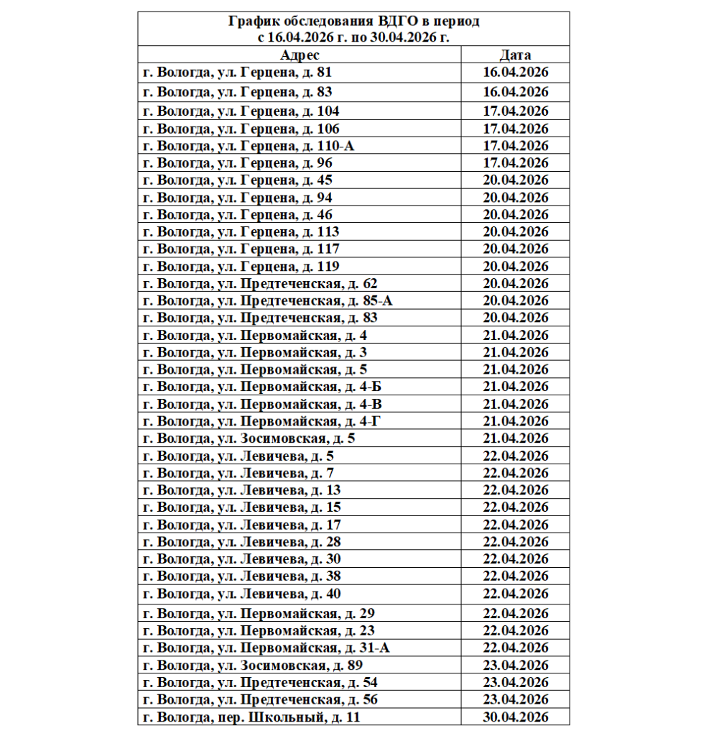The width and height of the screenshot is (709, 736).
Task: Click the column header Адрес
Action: (x=300, y=55)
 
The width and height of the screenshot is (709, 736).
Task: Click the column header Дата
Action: (x=515, y=55)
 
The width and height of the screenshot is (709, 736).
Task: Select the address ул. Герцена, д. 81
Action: (x=238, y=73)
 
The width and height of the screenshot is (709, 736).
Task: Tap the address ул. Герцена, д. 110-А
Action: (x=249, y=146)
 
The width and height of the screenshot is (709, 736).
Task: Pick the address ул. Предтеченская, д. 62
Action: (x=260, y=283)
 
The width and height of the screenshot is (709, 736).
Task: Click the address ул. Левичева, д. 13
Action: (x=242, y=490)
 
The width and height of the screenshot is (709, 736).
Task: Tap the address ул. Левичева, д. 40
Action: (x=242, y=594)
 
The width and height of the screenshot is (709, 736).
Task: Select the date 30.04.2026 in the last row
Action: (x=515, y=717)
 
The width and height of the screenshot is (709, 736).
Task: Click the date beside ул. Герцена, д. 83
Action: (x=515, y=92)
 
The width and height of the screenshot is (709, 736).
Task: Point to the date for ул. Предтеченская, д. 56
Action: (x=515, y=700)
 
